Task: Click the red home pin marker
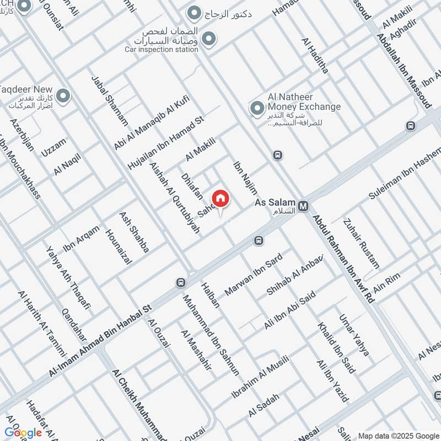[220, 198]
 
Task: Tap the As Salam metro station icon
[303, 207]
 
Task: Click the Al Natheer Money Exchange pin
[256, 109]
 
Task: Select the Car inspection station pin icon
[208, 39]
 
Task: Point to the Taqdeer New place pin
[63, 97]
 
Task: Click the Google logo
[23, 432]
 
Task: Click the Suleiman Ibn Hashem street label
[406, 173]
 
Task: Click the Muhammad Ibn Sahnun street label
[212, 335]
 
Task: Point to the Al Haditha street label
[315, 56]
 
